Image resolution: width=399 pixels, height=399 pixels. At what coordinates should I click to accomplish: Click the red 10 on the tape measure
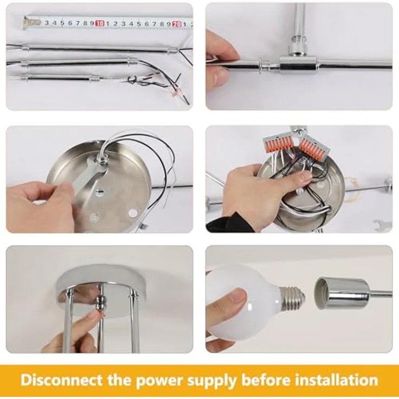click(100, 23)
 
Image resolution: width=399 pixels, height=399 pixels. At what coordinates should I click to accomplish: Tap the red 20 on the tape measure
click(177, 24)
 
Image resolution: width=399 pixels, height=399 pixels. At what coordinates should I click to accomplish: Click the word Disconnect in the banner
click(62, 380)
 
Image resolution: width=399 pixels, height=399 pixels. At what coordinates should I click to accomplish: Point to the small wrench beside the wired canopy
click(382, 225)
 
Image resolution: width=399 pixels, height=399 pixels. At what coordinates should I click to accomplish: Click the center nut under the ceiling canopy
click(100, 304)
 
